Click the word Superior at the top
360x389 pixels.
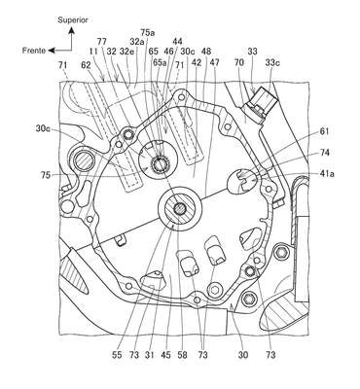coord(73,20)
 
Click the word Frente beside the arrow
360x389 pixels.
coord(34,51)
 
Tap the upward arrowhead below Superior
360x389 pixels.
coord(71,31)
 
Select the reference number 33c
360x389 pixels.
coord(272,62)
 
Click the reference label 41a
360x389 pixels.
coord(327,174)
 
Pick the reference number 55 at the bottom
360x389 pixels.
coord(117,355)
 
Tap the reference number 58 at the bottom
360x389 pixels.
coord(182,355)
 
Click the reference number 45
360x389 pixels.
coord(166,355)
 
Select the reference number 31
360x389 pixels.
coord(150,355)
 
